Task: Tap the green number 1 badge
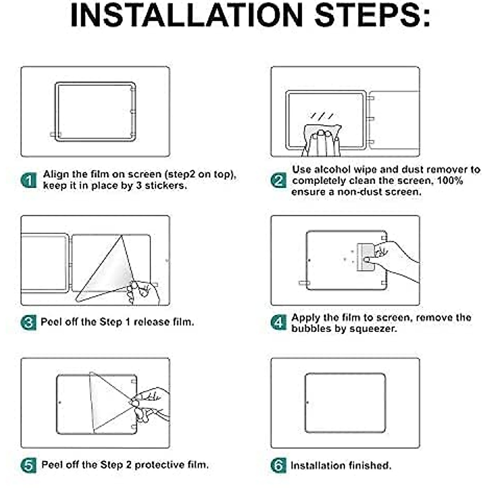28,180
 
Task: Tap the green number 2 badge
279,180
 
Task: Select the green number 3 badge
28,322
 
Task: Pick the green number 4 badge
279,322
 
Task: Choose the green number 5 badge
28,465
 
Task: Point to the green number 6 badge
279,465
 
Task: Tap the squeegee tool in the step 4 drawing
366,257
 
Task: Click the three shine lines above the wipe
322,116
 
